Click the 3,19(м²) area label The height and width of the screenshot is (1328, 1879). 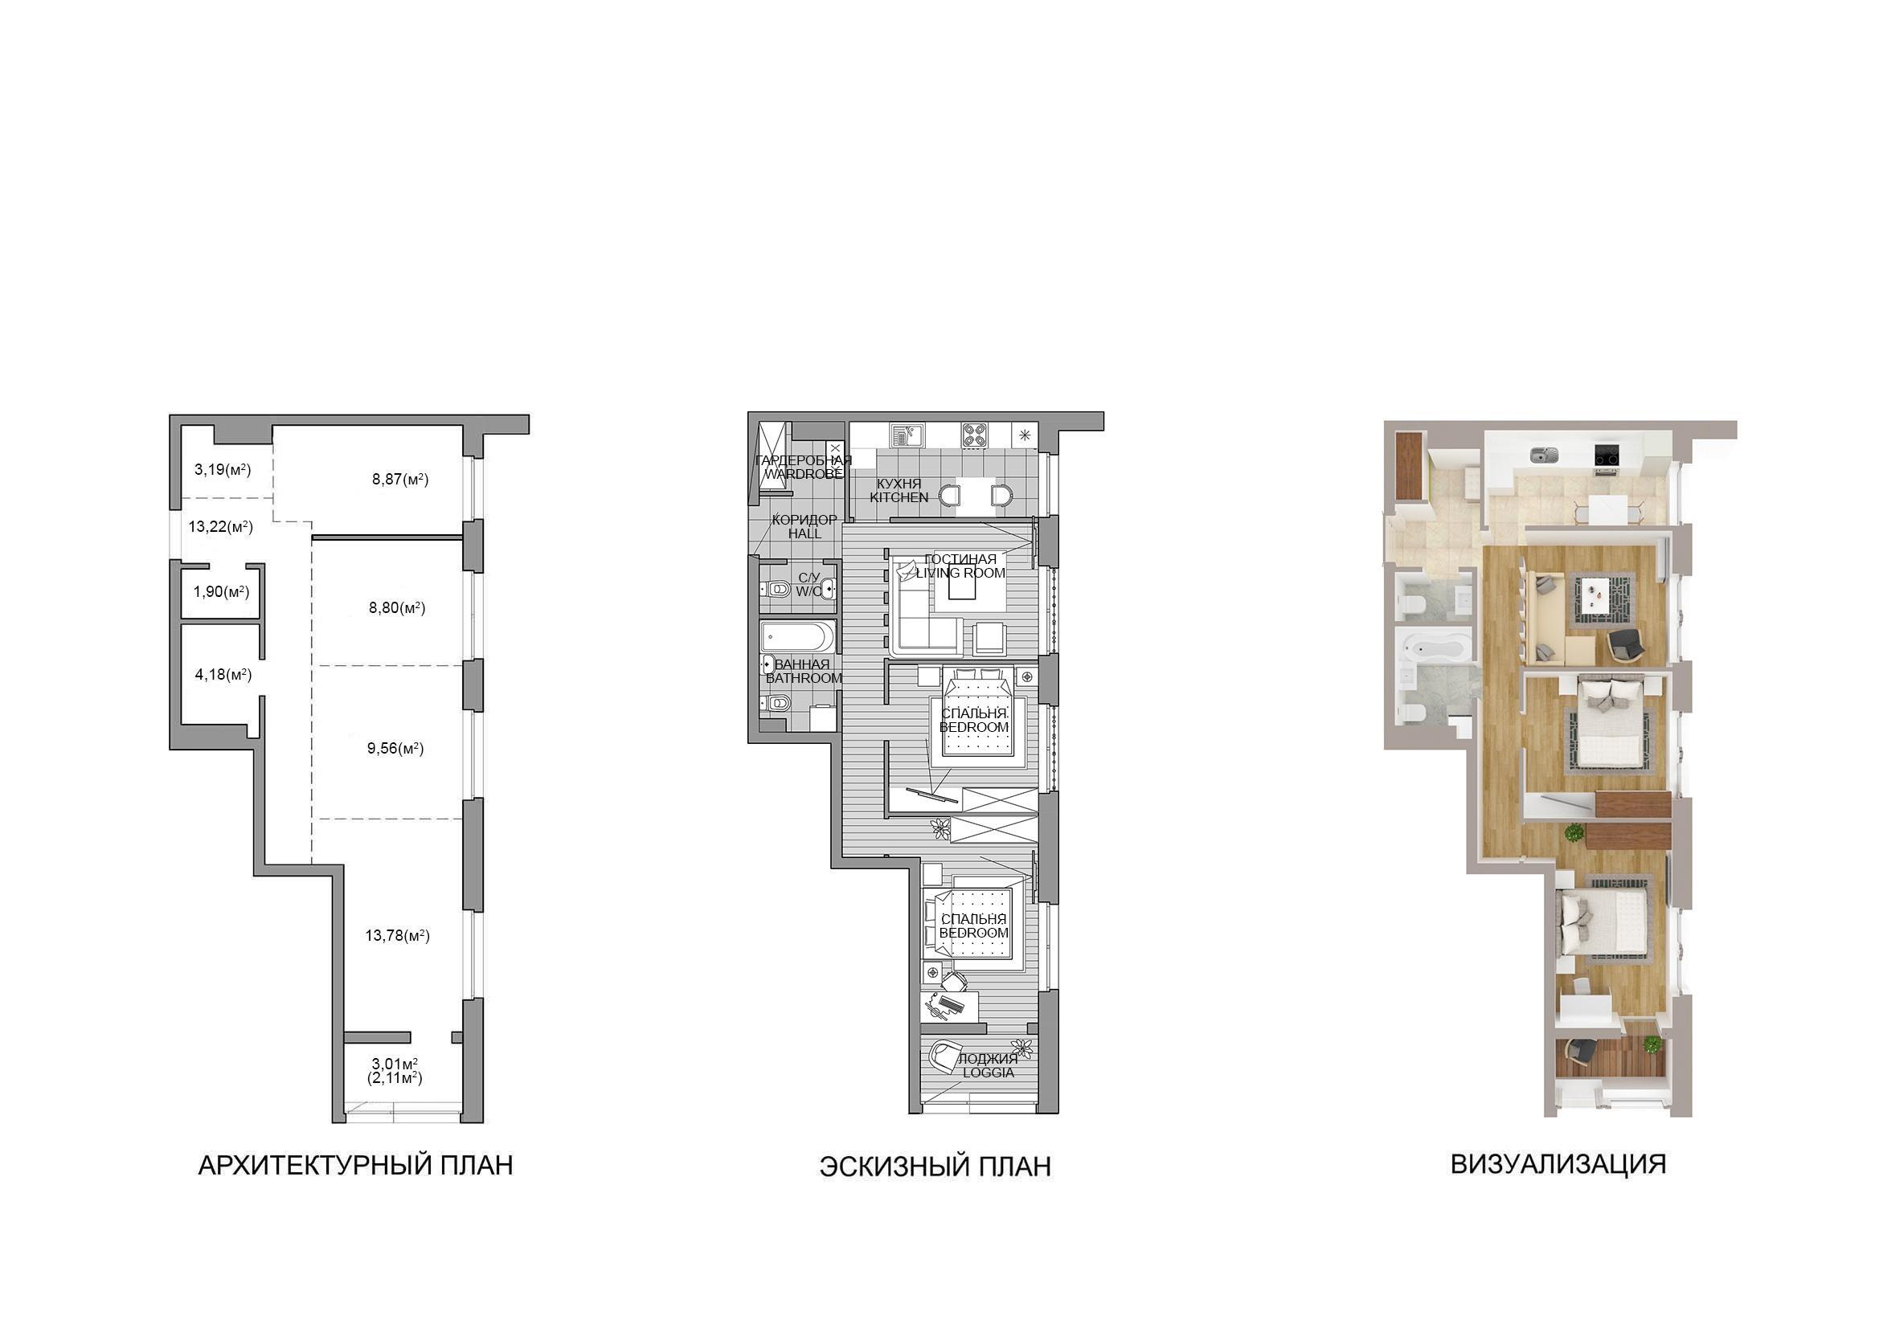[222, 470]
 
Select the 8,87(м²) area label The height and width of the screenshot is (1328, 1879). [400, 480]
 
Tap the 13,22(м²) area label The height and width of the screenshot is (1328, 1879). [220, 527]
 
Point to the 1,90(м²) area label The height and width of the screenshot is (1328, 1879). [221, 591]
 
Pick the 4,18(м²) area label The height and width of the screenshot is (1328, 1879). [223, 675]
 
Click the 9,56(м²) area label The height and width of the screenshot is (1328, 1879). [396, 748]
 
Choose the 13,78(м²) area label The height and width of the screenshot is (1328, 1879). [397, 935]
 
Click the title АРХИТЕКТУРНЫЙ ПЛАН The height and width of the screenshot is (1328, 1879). [356, 1165]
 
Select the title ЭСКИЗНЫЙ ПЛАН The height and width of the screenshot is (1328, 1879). [935, 1167]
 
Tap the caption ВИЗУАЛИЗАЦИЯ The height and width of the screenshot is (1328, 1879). [1558, 1163]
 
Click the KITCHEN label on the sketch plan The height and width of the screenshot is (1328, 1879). [899, 496]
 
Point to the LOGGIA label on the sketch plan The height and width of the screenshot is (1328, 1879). [988, 1072]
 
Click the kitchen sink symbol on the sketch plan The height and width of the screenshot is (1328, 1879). [905, 434]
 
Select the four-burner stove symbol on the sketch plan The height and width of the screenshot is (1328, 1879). [974, 434]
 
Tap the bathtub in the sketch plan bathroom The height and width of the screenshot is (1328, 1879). [798, 635]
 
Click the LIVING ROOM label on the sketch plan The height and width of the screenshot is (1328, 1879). [960, 573]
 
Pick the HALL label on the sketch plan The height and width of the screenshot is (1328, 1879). [804, 533]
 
